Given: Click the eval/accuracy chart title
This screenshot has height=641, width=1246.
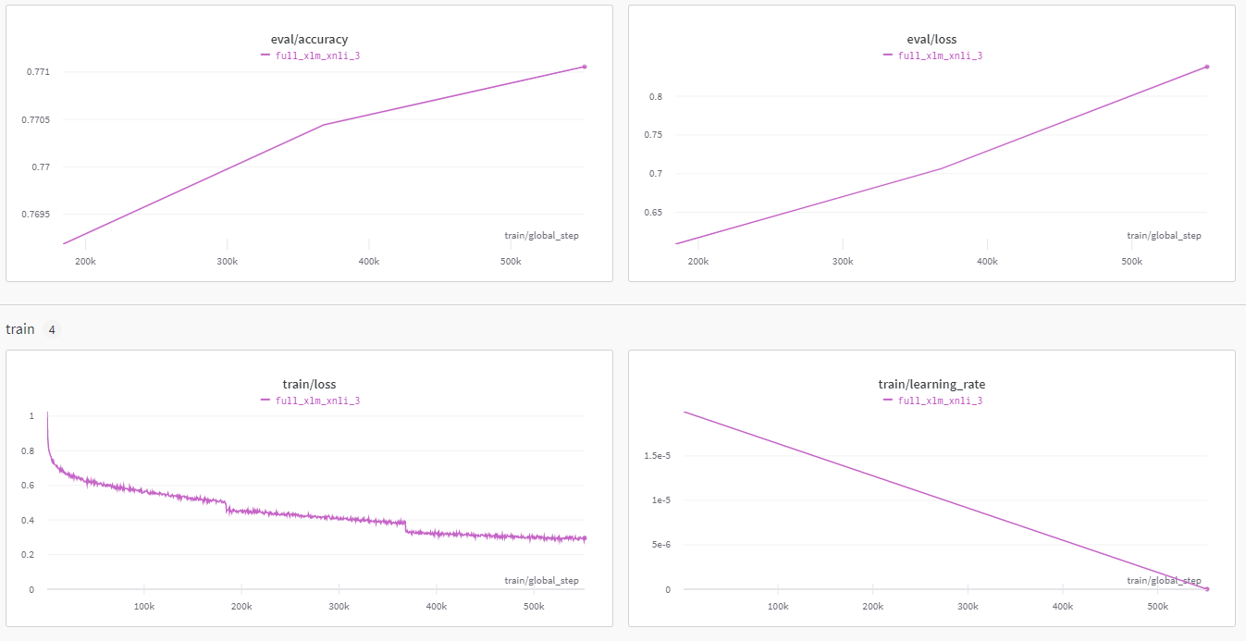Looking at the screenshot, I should [x=309, y=40].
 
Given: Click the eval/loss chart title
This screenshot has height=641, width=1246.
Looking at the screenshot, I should [x=931, y=40].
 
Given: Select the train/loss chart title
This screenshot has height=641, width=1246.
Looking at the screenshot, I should [x=309, y=385].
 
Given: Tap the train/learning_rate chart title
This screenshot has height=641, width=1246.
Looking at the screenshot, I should [x=931, y=385].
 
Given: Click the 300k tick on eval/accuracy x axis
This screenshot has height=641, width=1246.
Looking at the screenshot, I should [x=227, y=262].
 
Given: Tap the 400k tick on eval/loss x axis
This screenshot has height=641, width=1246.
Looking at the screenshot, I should [x=987, y=262].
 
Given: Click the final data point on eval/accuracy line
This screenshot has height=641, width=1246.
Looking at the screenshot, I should [x=585, y=67].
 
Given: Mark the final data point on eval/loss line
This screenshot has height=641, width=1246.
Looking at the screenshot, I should [x=1207, y=67].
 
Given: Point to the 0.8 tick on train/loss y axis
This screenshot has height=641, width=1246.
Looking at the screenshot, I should [x=28, y=451].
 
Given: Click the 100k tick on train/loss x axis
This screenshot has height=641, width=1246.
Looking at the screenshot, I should [x=143, y=607].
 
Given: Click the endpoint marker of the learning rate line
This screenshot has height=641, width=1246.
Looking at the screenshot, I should [x=1207, y=589].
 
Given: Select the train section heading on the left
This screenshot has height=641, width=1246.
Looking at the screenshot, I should [x=19, y=329].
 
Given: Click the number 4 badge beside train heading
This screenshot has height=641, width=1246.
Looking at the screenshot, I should [x=52, y=330].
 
